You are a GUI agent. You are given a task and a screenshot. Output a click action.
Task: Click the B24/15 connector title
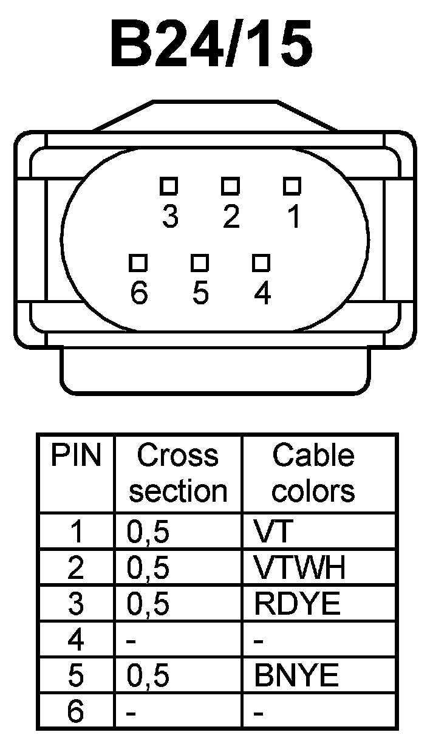pyautogui.click(x=211, y=45)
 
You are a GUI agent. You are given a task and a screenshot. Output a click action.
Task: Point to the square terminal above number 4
pyautogui.click(x=261, y=262)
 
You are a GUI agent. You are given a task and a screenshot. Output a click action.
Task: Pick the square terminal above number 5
pyautogui.click(x=200, y=262)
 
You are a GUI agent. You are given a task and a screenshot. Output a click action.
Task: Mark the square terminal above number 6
pyautogui.click(x=138, y=262)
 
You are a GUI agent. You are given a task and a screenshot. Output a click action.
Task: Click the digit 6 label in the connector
pyautogui.click(x=139, y=294)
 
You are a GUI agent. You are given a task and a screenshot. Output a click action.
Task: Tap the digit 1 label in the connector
pyautogui.click(x=294, y=216)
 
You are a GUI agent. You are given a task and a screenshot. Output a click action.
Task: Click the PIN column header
pyautogui.click(x=76, y=456)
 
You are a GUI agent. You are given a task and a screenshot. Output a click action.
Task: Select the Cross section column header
pyautogui.click(x=178, y=473)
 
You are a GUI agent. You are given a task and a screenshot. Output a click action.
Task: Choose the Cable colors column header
pyautogui.click(x=313, y=473)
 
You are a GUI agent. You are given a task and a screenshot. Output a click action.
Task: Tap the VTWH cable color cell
pyautogui.click(x=300, y=568)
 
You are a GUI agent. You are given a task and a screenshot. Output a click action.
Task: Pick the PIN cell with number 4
pyautogui.click(x=76, y=640)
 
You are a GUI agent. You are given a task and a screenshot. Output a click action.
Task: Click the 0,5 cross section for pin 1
pyautogui.click(x=148, y=532)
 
